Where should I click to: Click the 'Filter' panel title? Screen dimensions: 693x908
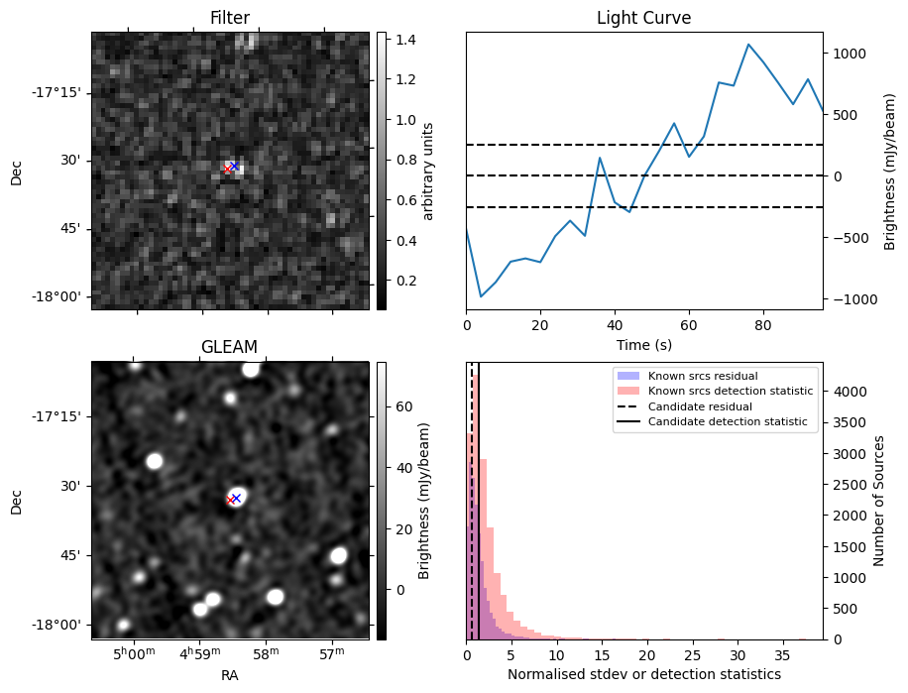pyautogui.click(x=230, y=18)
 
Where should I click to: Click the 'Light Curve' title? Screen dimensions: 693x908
pyautogui.click(x=643, y=18)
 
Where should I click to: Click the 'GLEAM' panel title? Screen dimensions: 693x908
pyautogui.click(x=230, y=347)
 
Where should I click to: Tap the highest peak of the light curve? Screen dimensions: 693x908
pyautogui.click(x=748, y=45)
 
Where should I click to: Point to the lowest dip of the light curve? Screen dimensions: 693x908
pyautogui.click(x=481, y=296)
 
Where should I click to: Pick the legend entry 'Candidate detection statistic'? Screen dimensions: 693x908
pyautogui.click(x=728, y=422)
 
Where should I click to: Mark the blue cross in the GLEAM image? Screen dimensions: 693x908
pyautogui.click(x=236, y=498)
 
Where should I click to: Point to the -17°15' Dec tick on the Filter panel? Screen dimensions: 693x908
pyautogui.click(x=58, y=92)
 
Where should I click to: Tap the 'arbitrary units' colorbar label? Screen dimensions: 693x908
pyautogui.click(x=428, y=171)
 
